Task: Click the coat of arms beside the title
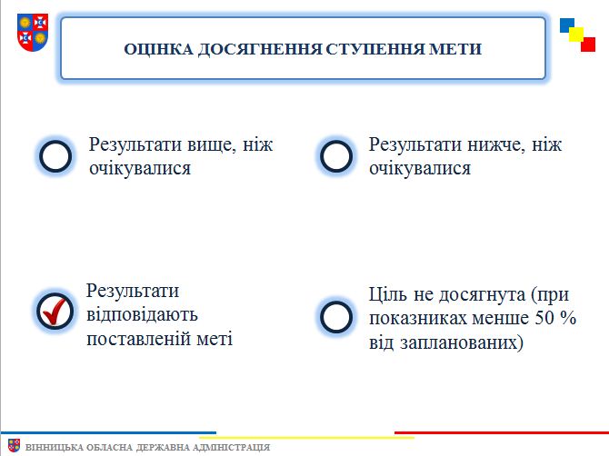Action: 33,32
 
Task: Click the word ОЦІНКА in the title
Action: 158,49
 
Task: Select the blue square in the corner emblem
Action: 567,25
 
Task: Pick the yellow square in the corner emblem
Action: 576,35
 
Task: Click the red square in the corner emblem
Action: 588,45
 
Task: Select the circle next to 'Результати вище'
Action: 55,156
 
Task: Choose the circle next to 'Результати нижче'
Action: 336,156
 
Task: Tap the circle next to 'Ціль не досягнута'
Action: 336,316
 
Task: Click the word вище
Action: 212,145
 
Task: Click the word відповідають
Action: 142,314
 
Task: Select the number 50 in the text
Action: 544,318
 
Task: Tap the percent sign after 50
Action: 568,318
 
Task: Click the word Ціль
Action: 388,294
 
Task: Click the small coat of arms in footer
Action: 14,445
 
